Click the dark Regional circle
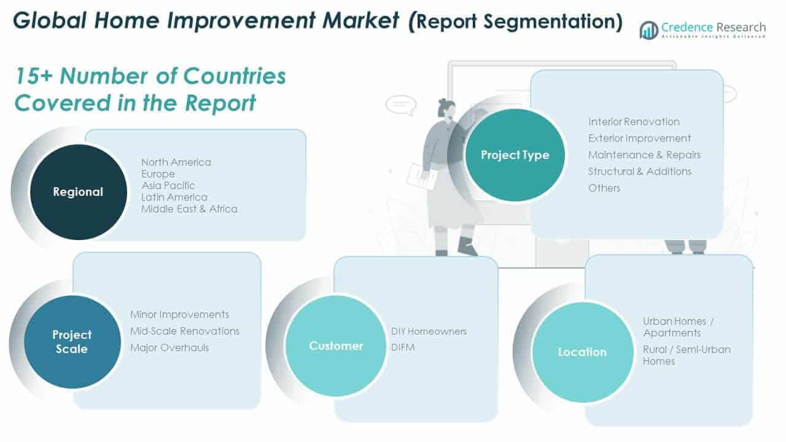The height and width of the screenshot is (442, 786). click(x=78, y=192)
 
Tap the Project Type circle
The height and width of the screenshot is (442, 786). click(x=515, y=155)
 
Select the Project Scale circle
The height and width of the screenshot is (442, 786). click(x=72, y=341)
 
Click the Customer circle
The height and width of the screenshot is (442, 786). click(x=336, y=346)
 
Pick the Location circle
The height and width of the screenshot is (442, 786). click(x=582, y=352)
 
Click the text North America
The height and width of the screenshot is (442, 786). click(x=176, y=162)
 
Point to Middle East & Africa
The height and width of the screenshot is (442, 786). click(x=189, y=209)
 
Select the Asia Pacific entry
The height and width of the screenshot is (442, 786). click(x=168, y=185)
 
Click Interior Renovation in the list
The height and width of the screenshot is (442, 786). click(x=633, y=122)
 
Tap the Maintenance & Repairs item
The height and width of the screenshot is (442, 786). click(x=644, y=155)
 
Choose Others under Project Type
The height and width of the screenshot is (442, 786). click(x=604, y=188)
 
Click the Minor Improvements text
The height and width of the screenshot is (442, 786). click(x=179, y=314)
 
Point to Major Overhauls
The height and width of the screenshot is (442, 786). click(x=169, y=347)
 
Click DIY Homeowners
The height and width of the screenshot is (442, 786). click(x=429, y=331)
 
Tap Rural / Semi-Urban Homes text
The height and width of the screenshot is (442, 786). click(x=686, y=355)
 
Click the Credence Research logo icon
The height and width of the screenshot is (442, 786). click(x=648, y=29)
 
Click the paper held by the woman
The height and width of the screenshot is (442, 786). click(x=422, y=177)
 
